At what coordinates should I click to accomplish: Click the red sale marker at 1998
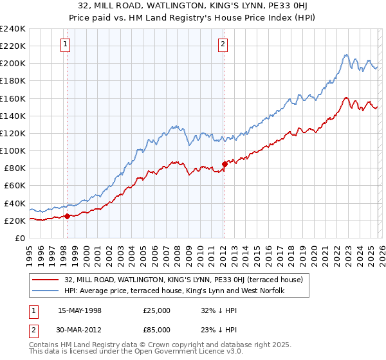point(67,216)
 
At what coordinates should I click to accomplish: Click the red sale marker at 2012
point(224,164)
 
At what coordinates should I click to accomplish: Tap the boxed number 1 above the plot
point(66,44)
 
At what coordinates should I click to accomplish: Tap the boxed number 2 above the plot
point(223,44)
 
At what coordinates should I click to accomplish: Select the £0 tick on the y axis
point(19,238)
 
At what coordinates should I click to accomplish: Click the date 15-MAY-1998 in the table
point(79,310)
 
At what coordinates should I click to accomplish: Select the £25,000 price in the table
point(157,310)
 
